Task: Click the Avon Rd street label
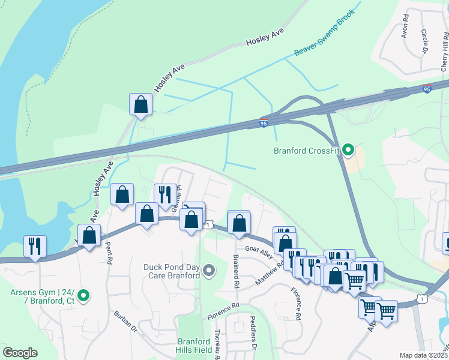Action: pos(405,25)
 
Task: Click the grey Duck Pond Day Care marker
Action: pos(209,271)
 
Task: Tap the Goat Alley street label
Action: pos(259,249)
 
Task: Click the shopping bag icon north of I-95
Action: pos(140,104)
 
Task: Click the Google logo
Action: pos(20,353)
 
